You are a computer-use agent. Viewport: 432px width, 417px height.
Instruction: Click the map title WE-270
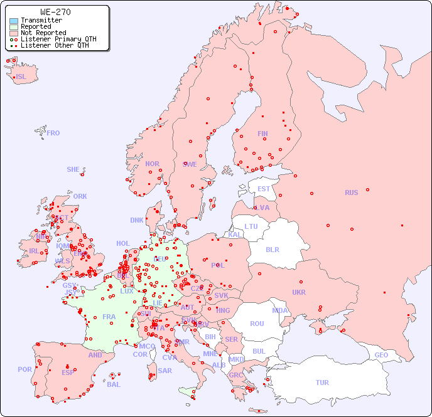click(55, 12)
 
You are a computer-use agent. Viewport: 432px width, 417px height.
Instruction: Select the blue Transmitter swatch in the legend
click(14, 21)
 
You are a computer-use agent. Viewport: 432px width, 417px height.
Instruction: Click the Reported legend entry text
click(36, 27)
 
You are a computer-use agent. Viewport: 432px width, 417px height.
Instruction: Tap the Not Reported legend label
click(43, 33)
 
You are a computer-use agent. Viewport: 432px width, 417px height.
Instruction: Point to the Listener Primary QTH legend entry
click(58, 39)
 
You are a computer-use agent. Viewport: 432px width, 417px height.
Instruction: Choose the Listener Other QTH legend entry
click(55, 45)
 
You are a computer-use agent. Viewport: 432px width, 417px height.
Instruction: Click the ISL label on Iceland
click(21, 77)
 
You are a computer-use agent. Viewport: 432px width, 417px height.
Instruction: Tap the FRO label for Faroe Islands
click(53, 133)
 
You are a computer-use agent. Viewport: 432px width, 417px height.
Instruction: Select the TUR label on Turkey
click(322, 383)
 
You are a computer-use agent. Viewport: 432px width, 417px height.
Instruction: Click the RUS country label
click(351, 193)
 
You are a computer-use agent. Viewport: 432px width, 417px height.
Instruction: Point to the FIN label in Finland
click(262, 134)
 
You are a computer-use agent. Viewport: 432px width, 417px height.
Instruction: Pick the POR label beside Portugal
click(24, 369)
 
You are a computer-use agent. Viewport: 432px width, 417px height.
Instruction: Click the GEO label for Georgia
click(381, 355)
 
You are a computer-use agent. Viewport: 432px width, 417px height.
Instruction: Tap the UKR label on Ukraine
click(299, 292)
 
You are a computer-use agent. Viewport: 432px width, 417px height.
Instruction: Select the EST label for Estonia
click(264, 189)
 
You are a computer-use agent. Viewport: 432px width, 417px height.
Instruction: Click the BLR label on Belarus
click(273, 249)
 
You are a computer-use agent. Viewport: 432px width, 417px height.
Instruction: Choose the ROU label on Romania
click(257, 324)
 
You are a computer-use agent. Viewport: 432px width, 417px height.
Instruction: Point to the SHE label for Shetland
click(73, 169)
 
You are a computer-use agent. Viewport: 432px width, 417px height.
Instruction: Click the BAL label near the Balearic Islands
click(114, 384)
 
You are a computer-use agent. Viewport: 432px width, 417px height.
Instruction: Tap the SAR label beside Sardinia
click(165, 371)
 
